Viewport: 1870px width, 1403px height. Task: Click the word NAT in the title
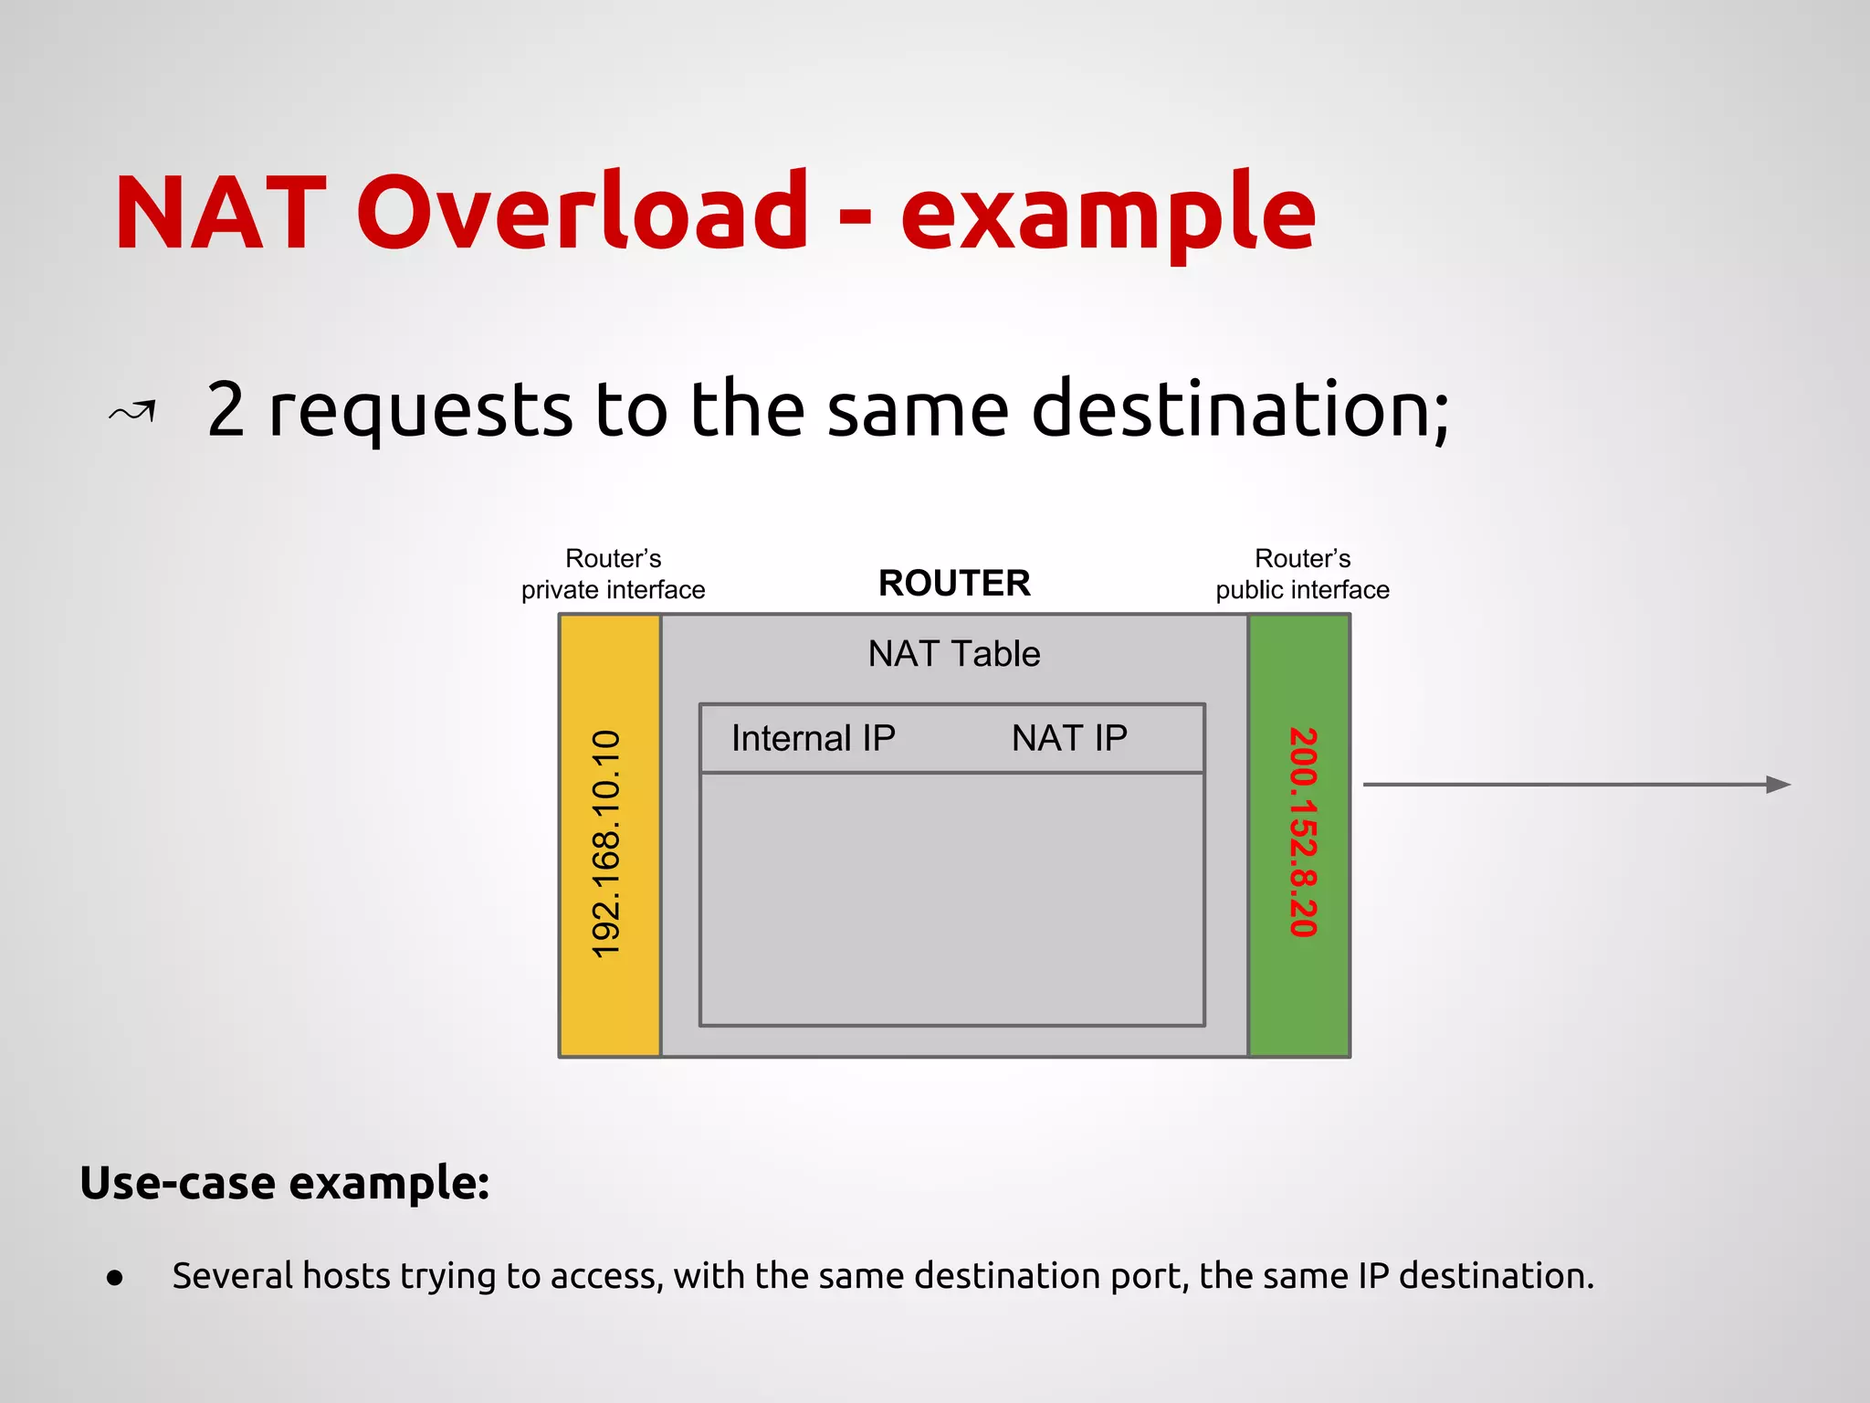(220, 212)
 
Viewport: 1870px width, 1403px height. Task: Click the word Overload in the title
(582, 212)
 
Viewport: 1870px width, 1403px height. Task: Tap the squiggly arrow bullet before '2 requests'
(133, 412)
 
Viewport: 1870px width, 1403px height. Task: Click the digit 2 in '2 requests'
(226, 409)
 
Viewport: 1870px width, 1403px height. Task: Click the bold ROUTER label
(954, 583)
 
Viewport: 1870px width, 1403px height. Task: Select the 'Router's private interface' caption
(613, 575)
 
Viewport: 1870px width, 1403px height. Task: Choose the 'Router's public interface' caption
(1302, 575)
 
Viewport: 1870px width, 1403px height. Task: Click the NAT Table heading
(954, 654)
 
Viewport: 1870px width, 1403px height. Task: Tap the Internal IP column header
(813, 738)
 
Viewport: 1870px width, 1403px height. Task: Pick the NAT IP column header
(1069, 738)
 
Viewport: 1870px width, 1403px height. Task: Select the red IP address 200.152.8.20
(1302, 832)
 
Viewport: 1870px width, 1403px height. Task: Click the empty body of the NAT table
(952, 900)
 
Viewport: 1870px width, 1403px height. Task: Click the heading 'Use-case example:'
(285, 1183)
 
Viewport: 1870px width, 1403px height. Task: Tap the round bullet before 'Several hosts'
(114, 1278)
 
